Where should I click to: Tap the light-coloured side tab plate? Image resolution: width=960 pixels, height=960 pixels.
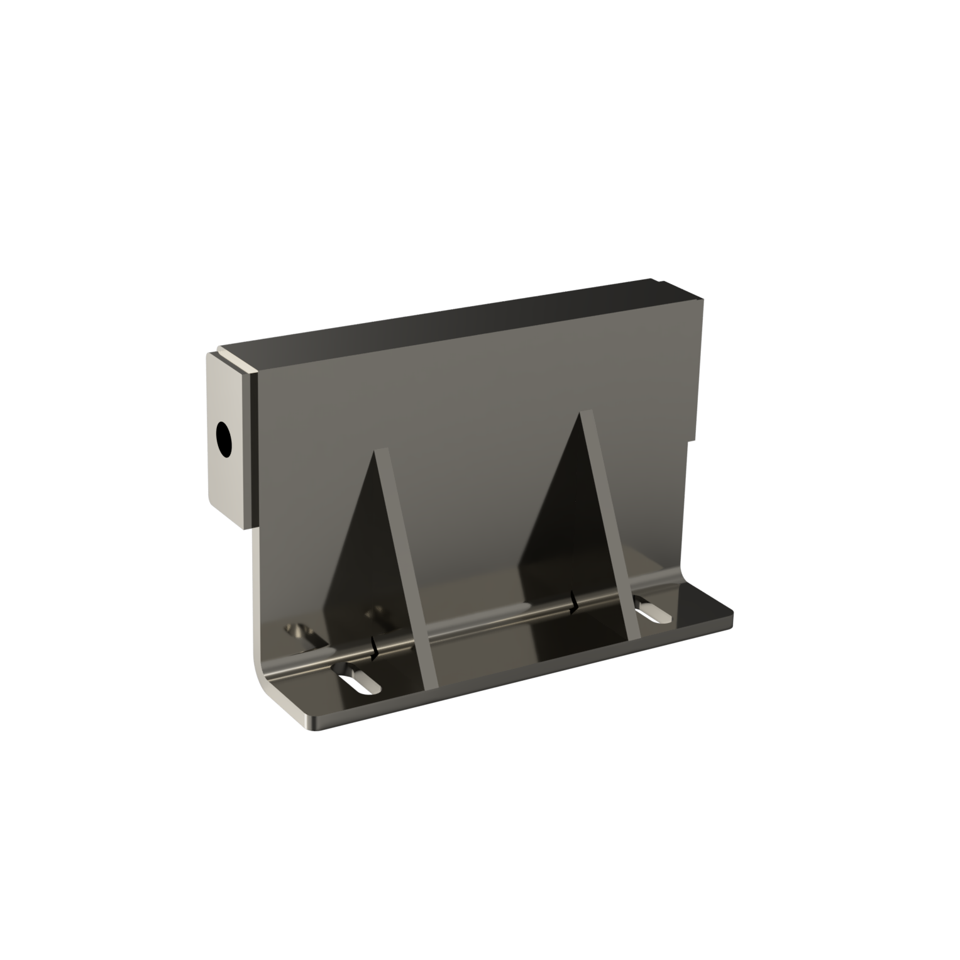(x=229, y=478)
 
